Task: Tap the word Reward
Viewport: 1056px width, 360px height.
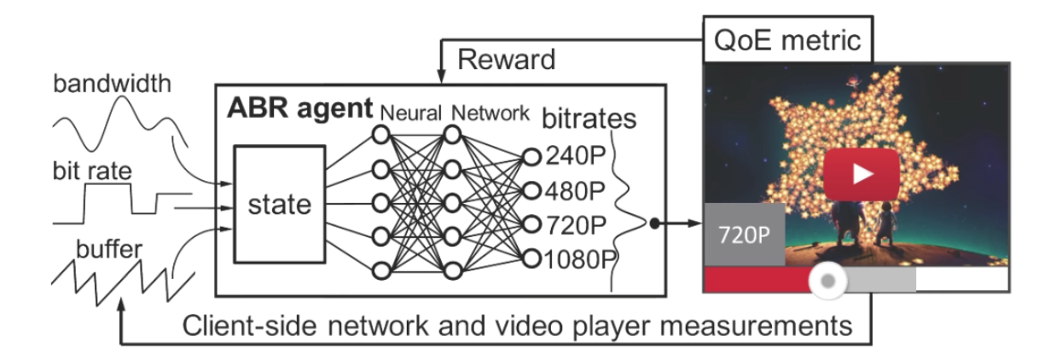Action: point(505,61)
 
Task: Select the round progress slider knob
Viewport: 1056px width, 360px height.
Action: point(826,280)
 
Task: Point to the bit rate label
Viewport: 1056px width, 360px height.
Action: point(88,171)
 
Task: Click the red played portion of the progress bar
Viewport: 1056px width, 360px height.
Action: point(759,280)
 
